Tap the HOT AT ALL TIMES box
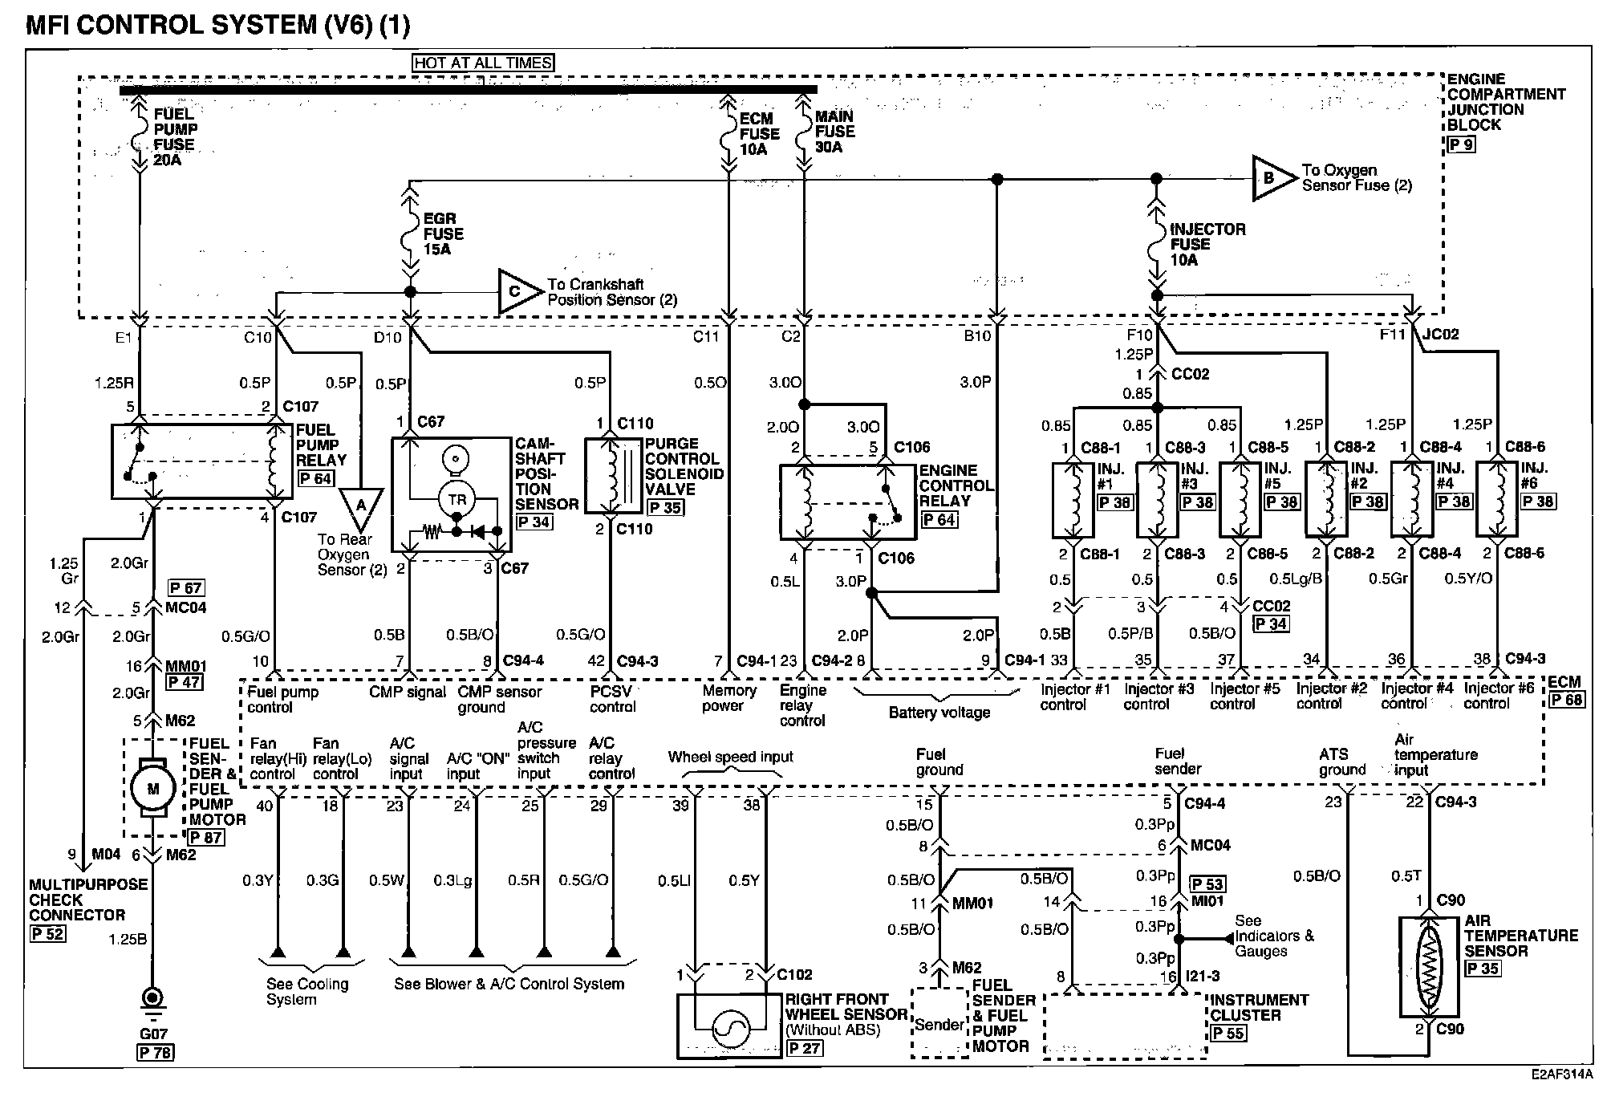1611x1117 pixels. point(483,63)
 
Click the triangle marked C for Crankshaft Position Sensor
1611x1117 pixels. point(519,292)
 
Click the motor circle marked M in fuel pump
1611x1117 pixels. point(152,789)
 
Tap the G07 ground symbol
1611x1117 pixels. point(152,1001)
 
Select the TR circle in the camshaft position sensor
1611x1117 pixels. point(457,499)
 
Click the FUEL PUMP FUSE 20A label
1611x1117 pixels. point(175,136)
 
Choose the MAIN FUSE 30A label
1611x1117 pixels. point(834,132)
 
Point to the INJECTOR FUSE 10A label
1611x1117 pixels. point(1207,244)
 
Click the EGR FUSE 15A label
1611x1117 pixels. point(443,234)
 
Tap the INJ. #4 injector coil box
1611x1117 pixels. point(1411,498)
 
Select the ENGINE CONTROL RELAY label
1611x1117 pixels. point(956,485)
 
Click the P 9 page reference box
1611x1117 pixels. point(1461,145)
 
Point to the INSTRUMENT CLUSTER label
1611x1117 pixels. point(1259,1007)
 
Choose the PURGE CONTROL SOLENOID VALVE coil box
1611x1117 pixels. point(615,475)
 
